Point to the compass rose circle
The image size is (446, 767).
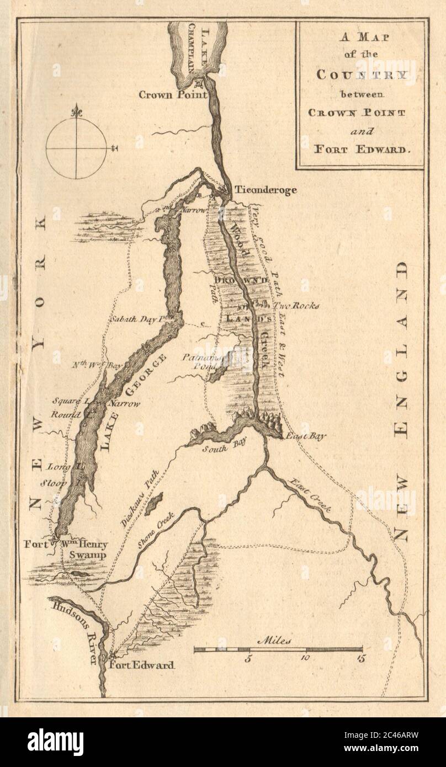pos(76,149)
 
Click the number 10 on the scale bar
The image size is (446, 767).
pos(305,658)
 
